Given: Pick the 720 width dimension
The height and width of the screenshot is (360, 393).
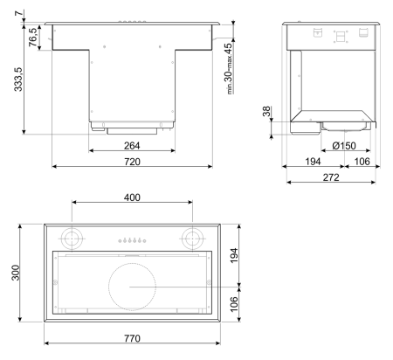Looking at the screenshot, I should (x=132, y=163).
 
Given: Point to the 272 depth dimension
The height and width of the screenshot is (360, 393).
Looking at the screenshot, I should (x=332, y=178).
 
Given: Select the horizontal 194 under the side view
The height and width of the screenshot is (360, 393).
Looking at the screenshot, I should (x=309, y=163).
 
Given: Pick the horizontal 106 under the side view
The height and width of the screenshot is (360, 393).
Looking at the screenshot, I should (x=360, y=163).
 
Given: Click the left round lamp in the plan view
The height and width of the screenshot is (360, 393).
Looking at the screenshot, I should (x=72, y=238).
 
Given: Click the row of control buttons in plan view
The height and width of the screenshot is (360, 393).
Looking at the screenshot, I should (x=132, y=239).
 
